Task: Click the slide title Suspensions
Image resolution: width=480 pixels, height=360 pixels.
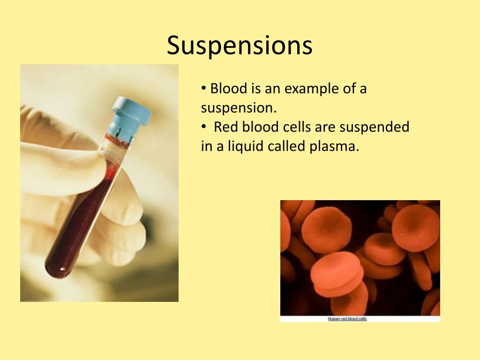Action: coord(240,46)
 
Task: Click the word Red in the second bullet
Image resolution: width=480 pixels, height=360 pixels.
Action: coord(225,127)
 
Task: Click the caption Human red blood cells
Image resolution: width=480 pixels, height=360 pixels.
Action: coord(347,319)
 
